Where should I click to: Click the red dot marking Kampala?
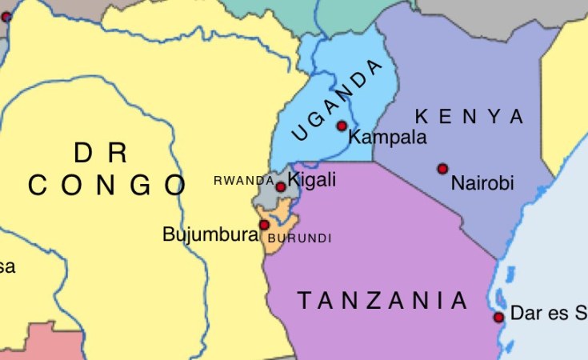pyautogui.click(x=342, y=126)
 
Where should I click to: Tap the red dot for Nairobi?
pyautogui.click(x=442, y=169)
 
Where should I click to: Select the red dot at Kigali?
pyautogui.click(x=281, y=187)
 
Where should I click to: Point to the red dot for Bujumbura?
pyautogui.click(x=264, y=225)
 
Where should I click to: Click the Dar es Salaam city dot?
pyautogui.click(x=498, y=318)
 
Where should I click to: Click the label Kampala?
pyautogui.click(x=388, y=138)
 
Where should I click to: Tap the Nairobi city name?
pyautogui.click(x=482, y=183)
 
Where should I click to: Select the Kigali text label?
pyautogui.click(x=312, y=180)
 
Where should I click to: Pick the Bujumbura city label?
pyautogui.click(x=210, y=234)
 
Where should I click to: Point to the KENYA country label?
pyautogui.click(x=470, y=117)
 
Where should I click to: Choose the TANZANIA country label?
pyautogui.click(x=382, y=301)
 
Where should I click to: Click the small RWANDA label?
pyautogui.click(x=244, y=181)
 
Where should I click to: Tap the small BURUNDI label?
pyautogui.click(x=299, y=238)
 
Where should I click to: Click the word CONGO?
pyautogui.click(x=107, y=186)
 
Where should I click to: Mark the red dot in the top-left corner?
pyautogui.click(x=6, y=17)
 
